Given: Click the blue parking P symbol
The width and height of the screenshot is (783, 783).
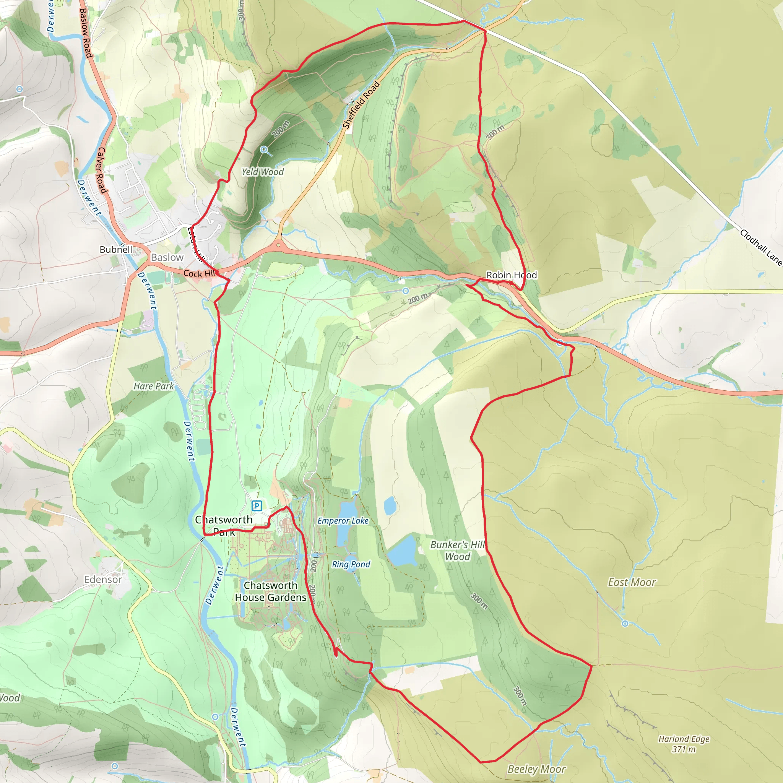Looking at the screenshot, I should pos(257,505).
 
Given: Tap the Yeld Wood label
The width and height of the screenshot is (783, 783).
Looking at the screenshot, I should pos(263,172).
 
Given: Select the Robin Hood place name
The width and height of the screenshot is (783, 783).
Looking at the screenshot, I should pos(512,275).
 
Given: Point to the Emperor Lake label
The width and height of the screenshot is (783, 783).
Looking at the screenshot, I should pos(343,521).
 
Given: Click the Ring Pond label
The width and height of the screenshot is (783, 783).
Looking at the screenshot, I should pos(351,564).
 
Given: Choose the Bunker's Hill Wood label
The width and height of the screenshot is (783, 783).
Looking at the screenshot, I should pos(458,551).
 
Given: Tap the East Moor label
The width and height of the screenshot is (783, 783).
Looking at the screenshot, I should pos(632,582).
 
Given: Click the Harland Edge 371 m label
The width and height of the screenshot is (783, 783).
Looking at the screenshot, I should pos(684,744).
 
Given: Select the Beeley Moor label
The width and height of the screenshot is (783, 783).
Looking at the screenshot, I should pos(536,769).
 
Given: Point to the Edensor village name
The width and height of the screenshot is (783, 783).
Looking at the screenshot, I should pos(103,580).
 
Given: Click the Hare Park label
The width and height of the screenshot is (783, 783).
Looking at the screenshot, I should pos(154,386).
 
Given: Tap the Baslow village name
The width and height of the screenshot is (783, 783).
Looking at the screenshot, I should pos(167,257).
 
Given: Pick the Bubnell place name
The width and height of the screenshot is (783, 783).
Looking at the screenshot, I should pos(116,249).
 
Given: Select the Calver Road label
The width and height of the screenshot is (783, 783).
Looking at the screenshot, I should pos(101,170).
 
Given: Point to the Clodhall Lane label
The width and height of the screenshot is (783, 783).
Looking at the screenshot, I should pos(761,247).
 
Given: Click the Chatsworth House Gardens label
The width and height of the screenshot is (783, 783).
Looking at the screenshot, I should pos(270,591).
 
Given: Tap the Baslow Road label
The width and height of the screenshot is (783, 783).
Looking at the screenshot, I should pos(86,32).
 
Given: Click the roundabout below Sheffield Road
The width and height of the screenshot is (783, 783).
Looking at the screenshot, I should pos(278,245).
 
